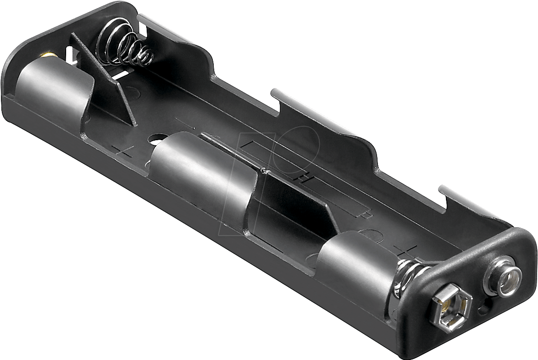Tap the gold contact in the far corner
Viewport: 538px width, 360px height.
(x=49, y=56)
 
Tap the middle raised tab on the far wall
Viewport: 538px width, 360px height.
(x=324, y=116)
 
